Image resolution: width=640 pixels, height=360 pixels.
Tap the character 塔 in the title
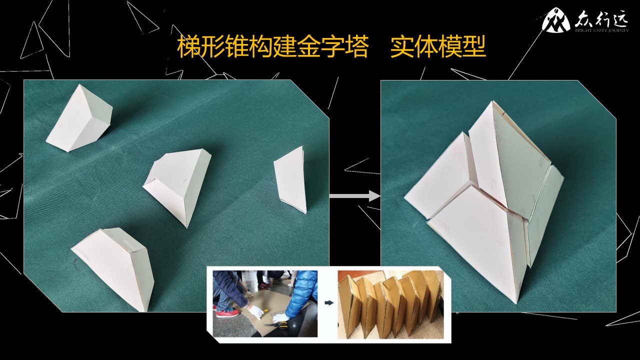tap(356, 47)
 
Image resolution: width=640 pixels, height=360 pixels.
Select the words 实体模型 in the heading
tap(438, 47)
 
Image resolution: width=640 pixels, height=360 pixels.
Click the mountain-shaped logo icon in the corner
tap(552, 20)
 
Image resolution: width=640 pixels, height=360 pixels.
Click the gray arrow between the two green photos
tap(354, 196)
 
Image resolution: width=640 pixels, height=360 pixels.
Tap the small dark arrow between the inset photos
tap(329, 303)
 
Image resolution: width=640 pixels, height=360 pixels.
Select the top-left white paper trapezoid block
tap(79, 118)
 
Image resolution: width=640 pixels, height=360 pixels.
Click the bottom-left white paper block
tap(114, 268)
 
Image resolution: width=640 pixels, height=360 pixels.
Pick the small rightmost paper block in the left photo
tap(290, 180)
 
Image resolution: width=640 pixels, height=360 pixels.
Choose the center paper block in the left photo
tap(177, 185)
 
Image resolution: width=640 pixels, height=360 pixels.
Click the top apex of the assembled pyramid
tap(492, 101)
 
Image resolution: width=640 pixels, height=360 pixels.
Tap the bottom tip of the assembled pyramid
tap(516, 303)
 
